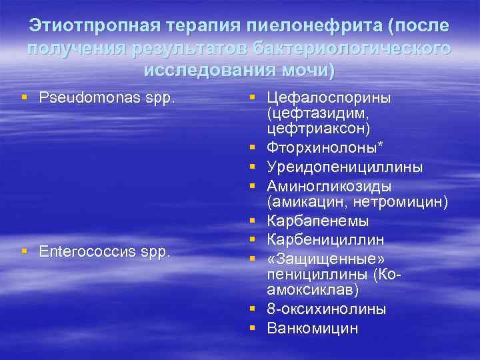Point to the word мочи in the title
click(x=306, y=70)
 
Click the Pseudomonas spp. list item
click(x=107, y=98)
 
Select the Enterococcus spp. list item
click(x=106, y=253)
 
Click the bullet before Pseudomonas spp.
click(x=25, y=98)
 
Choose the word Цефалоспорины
click(x=329, y=98)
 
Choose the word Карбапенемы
click(x=317, y=220)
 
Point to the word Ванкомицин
click(x=312, y=328)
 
